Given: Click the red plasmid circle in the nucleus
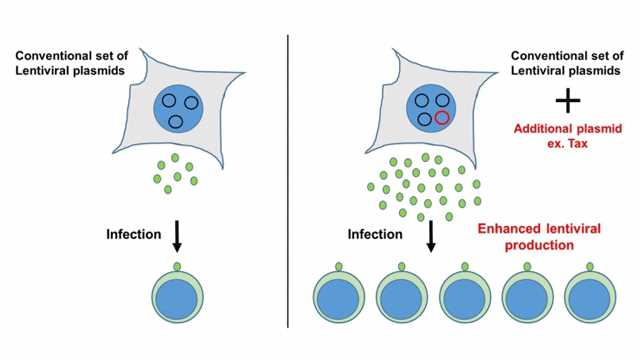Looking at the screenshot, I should coord(442,119).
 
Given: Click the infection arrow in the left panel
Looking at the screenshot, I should coord(177,236).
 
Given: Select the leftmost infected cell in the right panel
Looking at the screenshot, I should coord(341,298).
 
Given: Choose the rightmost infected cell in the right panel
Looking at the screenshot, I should coord(592,298).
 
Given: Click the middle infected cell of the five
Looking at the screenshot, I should coord(467,298).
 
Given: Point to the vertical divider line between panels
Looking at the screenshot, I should coord(288,180).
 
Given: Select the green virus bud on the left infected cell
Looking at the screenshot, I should coord(178,266).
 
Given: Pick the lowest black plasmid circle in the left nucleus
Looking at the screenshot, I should coord(177,121).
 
